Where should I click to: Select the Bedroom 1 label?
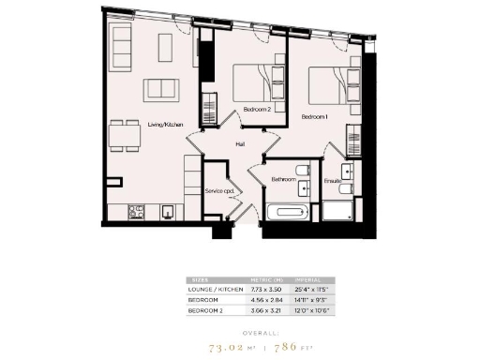point(314,116)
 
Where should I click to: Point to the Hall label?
point(240,144)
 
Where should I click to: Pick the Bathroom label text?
point(284,179)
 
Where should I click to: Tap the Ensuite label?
point(332,180)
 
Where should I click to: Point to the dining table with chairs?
point(125,136)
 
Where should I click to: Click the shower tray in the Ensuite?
point(338,211)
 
